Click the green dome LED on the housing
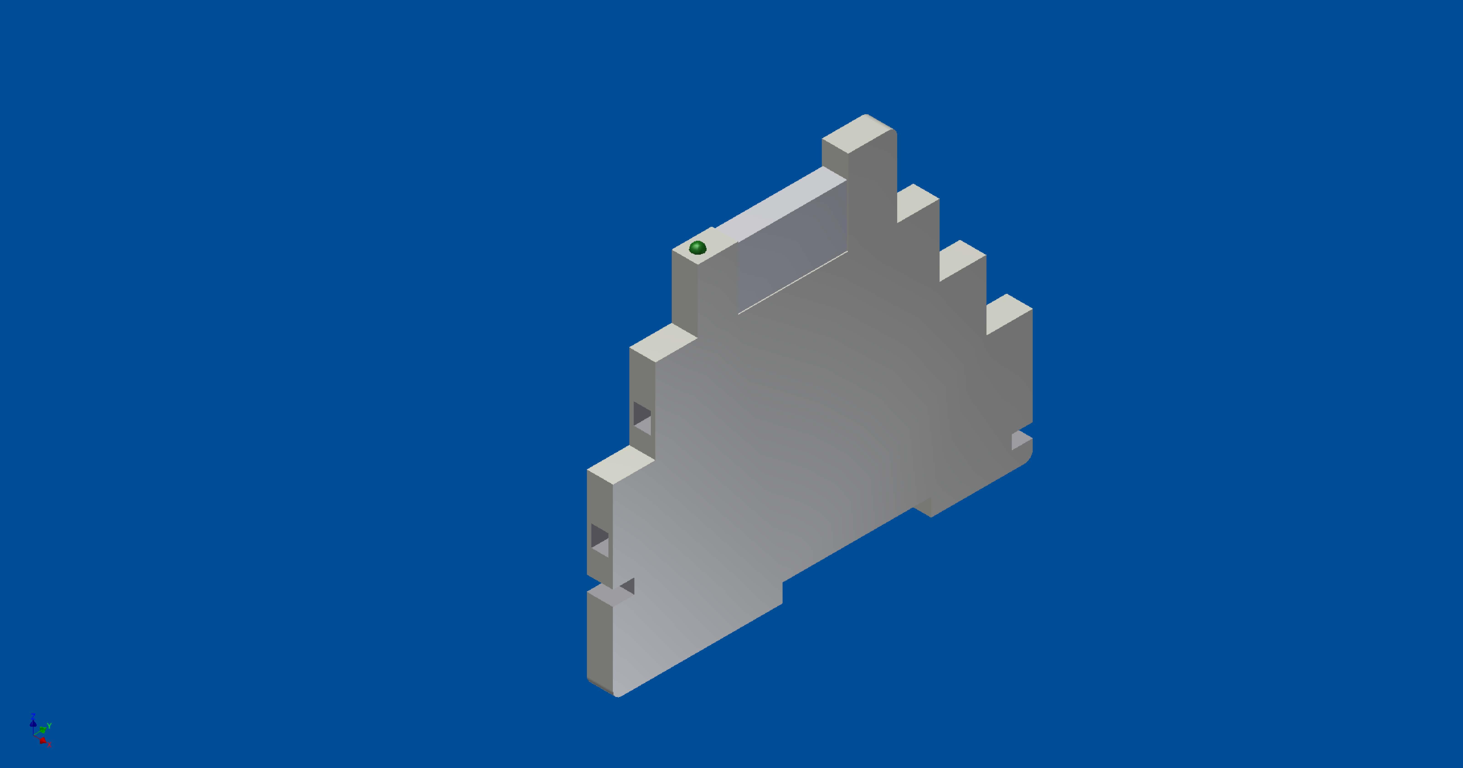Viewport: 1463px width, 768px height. [697, 248]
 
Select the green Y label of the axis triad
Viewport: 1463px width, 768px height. [49, 726]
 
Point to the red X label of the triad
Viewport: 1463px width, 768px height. [49, 744]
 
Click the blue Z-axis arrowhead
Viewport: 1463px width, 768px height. [33, 724]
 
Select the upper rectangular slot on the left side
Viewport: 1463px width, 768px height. [642, 418]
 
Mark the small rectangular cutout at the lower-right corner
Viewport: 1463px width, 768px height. [1021, 440]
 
